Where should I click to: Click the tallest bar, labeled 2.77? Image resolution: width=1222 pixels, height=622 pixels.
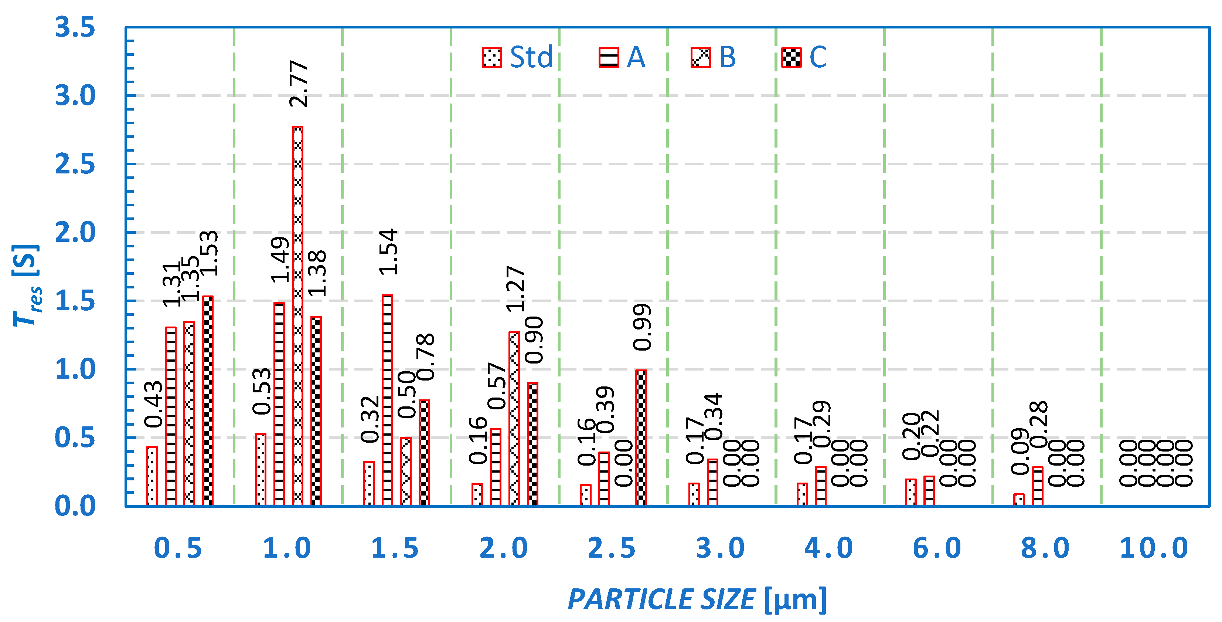(297, 316)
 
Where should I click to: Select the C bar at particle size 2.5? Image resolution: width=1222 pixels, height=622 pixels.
(641, 438)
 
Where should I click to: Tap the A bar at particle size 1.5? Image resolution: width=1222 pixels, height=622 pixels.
(387, 400)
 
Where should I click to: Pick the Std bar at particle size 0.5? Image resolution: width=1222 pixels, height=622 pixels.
(152, 476)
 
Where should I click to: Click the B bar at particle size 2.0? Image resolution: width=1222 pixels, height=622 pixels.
(514, 419)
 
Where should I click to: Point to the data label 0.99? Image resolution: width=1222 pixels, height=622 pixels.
(642, 327)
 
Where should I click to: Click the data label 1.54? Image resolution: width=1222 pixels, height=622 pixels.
(388, 252)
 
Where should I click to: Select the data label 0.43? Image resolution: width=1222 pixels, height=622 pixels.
(153, 404)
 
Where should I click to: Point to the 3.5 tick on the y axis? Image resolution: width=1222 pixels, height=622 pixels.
(75, 27)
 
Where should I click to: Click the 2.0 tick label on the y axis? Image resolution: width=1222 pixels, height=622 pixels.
(75, 233)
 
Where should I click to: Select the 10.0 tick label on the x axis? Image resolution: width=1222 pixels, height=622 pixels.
(1154, 548)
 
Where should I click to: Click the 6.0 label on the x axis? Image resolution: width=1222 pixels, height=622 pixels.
(937, 548)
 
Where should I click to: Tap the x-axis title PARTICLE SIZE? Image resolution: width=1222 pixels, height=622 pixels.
(661, 599)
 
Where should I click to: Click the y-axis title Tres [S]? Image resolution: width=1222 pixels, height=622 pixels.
(26, 285)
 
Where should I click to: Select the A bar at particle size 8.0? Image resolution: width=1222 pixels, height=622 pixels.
(1038, 486)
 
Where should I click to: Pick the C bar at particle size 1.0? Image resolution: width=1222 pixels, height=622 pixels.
(316, 411)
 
